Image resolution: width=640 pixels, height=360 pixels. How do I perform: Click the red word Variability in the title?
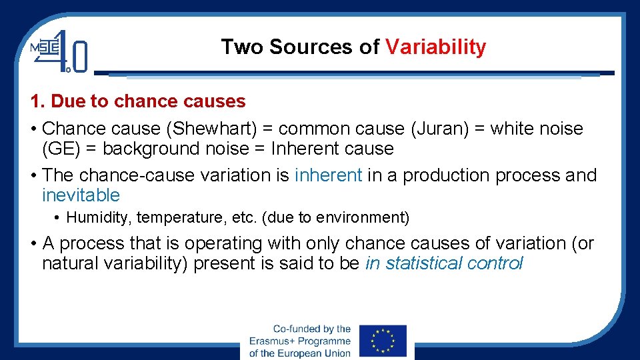click(436, 47)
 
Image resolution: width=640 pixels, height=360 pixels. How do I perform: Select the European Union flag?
click(382, 341)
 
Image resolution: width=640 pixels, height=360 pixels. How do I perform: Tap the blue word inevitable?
click(81, 195)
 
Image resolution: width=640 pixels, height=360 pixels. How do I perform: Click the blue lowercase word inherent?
click(328, 175)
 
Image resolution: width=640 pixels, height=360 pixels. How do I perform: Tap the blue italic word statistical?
click(424, 263)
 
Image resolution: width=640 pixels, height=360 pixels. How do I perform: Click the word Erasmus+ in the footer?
click(273, 341)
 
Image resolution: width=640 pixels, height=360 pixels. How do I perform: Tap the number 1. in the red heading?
click(37, 101)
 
